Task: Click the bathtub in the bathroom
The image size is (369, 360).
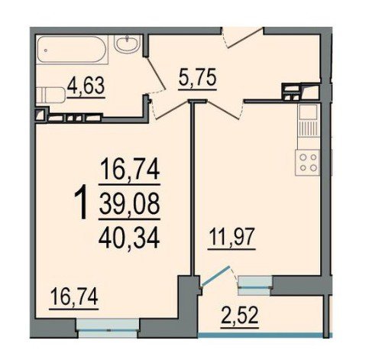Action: click(x=72, y=50)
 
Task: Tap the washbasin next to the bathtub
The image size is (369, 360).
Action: click(x=128, y=44)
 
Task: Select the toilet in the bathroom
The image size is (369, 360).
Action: click(x=50, y=95)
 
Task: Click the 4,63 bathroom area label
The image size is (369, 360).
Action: click(x=86, y=87)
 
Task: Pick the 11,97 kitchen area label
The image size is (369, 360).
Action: click(x=231, y=238)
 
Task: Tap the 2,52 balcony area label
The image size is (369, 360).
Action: click(x=240, y=316)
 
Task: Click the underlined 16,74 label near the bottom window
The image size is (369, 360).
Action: click(x=74, y=298)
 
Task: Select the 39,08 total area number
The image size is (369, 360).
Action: click(x=129, y=204)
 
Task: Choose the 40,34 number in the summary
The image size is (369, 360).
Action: click(x=129, y=238)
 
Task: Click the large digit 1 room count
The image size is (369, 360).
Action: click(x=82, y=203)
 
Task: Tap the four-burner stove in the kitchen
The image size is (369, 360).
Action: click(x=307, y=163)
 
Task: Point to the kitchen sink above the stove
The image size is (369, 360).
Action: click(x=309, y=120)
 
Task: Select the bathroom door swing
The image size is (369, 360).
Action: click(x=156, y=73)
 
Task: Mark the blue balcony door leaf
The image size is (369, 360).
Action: click(x=215, y=276)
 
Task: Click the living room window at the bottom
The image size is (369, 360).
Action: click(x=108, y=328)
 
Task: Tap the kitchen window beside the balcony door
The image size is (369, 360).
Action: click(x=255, y=285)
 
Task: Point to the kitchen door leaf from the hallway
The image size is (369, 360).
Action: click(x=224, y=110)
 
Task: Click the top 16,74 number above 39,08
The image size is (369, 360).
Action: click(x=130, y=169)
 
